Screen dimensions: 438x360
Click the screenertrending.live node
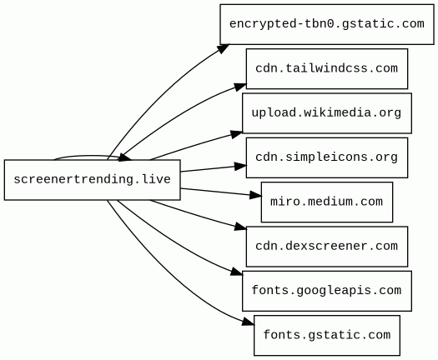click(x=92, y=180)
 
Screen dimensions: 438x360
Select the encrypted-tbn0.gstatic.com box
click(x=327, y=24)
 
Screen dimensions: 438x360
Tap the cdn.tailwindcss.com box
click(x=327, y=68)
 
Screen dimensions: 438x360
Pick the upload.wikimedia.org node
click(x=327, y=113)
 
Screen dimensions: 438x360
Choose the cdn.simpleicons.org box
click(x=327, y=157)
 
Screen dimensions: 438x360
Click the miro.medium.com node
click(x=327, y=202)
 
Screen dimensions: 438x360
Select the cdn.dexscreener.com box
click(x=327, y=247)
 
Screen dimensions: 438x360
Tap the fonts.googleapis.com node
click(x=327, y=291)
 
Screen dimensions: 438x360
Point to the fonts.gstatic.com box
click(x=327, y=335)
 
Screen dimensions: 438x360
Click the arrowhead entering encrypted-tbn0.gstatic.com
click(x=224, y=48)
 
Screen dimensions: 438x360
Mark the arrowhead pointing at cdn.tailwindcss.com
click(x=240, y=87)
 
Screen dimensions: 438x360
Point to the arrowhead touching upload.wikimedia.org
click(x=237, y=134)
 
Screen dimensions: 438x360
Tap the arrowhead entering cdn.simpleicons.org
click(x=240, y=167)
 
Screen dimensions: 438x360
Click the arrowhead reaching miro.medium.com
click(x=255, y=195)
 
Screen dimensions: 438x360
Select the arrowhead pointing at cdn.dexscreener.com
click(x=240, y=227)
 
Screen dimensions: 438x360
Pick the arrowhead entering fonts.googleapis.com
click(x=237, y=272)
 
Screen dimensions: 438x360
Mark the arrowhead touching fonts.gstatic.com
click(x=249, y=322)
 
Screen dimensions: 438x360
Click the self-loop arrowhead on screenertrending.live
click(x=125, y=158)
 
